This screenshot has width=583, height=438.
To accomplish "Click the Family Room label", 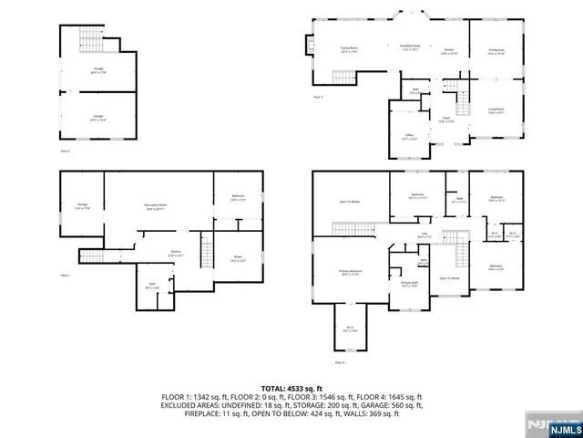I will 350,48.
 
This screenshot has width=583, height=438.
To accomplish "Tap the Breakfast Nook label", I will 410,47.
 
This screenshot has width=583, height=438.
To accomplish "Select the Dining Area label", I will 496,53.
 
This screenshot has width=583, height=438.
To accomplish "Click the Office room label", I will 409,137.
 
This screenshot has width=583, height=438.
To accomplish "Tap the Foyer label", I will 447,120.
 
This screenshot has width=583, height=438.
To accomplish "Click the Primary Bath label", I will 409,284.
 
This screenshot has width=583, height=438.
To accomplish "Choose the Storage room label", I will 82,207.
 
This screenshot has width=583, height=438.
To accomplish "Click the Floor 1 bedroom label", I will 230,200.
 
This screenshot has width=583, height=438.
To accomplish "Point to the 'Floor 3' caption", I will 318,96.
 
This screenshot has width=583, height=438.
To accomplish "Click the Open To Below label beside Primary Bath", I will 449,277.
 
